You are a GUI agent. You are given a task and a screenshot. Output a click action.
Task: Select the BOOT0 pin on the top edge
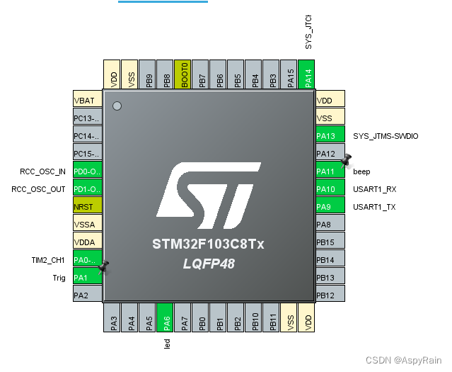(182, 74)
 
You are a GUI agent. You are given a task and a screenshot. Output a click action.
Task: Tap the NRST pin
(87, 206)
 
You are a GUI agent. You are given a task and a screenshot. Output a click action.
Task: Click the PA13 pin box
(330, 135)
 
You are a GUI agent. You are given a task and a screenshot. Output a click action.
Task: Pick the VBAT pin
(87, 100)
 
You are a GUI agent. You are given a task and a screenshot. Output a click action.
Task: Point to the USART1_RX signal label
(375, 189)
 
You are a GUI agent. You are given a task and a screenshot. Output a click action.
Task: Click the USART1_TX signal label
(374, 207)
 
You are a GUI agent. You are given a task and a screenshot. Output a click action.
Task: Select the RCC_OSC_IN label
(42, 171)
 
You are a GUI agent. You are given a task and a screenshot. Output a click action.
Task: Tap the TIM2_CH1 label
(47, 260)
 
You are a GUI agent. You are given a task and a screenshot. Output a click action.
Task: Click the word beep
(361, 171)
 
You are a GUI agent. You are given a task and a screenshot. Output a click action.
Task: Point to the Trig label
(59, 278)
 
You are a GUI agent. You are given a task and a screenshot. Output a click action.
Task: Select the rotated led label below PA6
(168, 344)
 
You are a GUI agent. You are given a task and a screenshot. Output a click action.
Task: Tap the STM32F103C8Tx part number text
(208, 244)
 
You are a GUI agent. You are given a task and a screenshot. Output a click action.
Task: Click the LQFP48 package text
(209, 264)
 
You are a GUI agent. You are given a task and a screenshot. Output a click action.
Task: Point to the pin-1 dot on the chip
(117, 106)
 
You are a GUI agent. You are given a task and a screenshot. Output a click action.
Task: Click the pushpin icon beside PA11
(346, 160)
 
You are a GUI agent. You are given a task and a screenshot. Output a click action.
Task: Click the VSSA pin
(87, 224)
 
